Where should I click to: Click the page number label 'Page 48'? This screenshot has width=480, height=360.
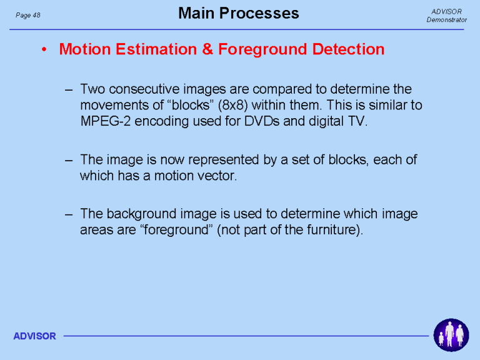tap(28, 15)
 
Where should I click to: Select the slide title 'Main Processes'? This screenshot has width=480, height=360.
tap(239, 13)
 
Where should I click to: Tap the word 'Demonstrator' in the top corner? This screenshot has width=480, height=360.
tap(447, 19)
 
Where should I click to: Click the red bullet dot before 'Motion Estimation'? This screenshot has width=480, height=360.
tap(44, 49)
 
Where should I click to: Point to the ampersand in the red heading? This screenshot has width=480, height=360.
tap(207, 49)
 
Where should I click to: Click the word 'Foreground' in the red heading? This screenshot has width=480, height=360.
tap(262, 49)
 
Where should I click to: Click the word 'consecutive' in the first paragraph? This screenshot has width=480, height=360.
tap(144, 89)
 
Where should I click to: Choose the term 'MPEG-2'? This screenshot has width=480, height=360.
tap(105, 121)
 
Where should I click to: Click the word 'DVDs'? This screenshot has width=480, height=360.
tap(262, 121)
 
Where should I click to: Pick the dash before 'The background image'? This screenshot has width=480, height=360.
tap(69, 214)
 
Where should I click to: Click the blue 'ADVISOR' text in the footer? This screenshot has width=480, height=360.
tap(34, 336)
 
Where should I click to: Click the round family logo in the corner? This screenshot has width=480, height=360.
tap(451, 335)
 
